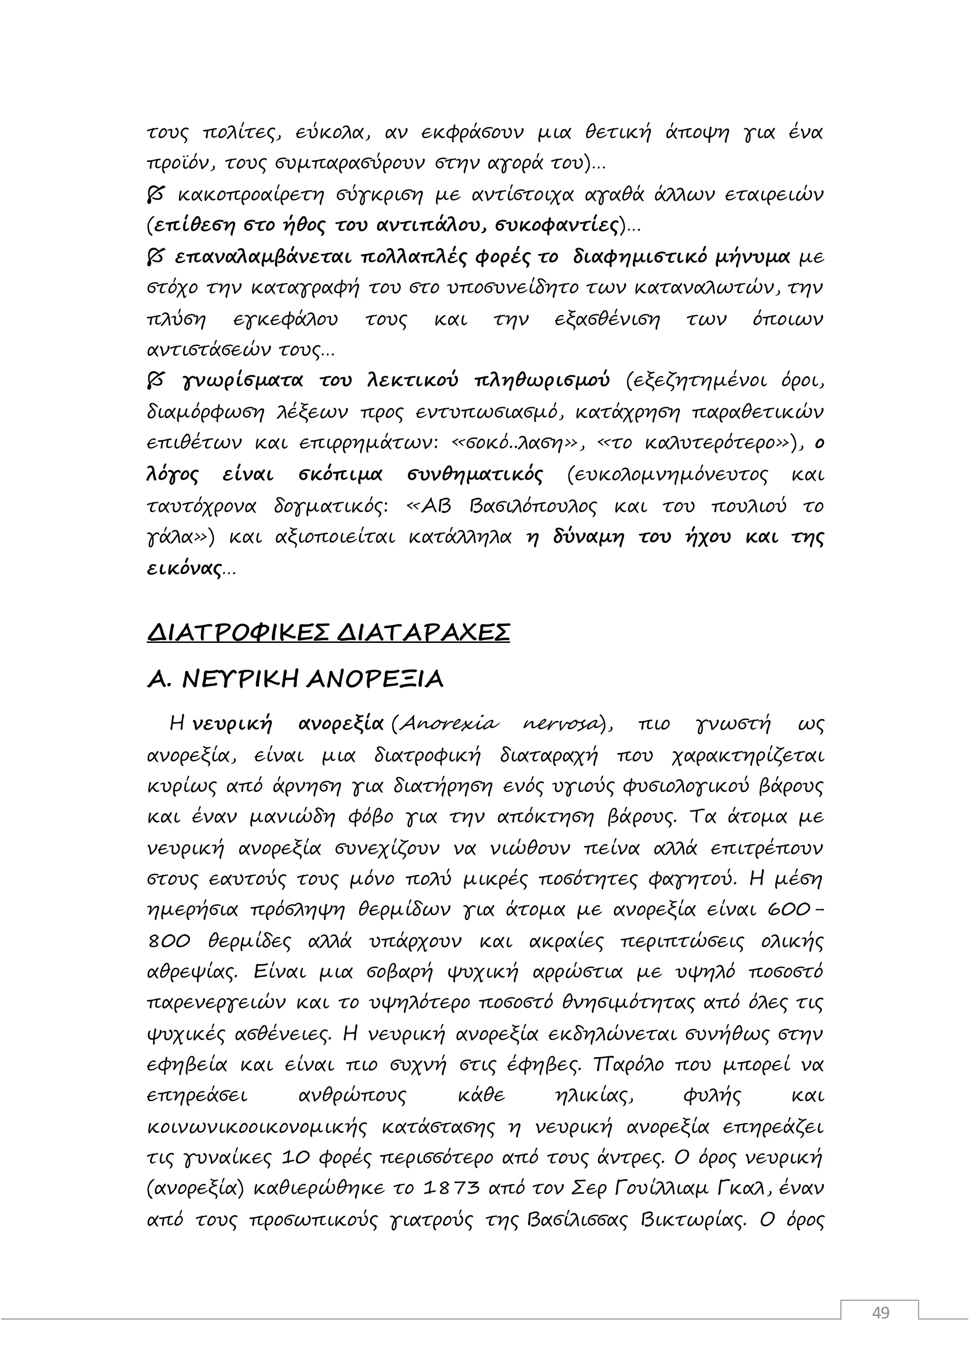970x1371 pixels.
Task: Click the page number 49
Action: pyautogui.click(x=880, y=1312)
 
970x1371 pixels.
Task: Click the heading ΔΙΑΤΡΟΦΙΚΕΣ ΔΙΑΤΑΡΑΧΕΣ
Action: pyautogui.click(x=329, y=632)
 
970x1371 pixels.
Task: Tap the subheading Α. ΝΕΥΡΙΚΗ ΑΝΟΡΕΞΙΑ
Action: pyautogui.click(x=295, y=679)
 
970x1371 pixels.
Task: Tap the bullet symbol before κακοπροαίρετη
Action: pyautogui.click(x=155, y=195)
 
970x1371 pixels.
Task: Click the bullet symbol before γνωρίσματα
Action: pyautogui.click(x=155, y=380)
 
